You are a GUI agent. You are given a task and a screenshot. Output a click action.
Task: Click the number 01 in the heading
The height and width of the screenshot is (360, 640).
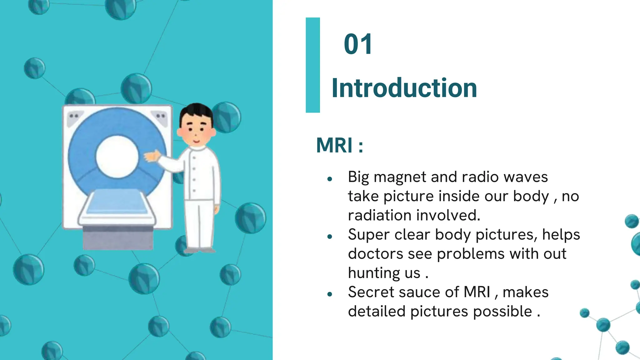point(358,44)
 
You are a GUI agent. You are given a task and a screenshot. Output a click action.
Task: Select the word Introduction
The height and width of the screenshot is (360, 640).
point(404,88)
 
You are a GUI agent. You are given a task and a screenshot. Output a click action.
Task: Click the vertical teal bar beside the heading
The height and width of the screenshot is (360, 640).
point(312,65)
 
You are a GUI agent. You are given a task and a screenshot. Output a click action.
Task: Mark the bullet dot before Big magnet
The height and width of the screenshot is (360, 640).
point(329,179)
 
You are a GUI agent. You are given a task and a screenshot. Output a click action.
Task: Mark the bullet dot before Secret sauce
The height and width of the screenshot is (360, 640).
point(329,294)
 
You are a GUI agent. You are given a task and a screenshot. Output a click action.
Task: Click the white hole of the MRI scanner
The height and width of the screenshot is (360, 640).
point(117,157)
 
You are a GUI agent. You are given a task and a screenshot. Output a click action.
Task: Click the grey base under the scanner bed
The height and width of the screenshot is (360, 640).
point(118,239)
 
